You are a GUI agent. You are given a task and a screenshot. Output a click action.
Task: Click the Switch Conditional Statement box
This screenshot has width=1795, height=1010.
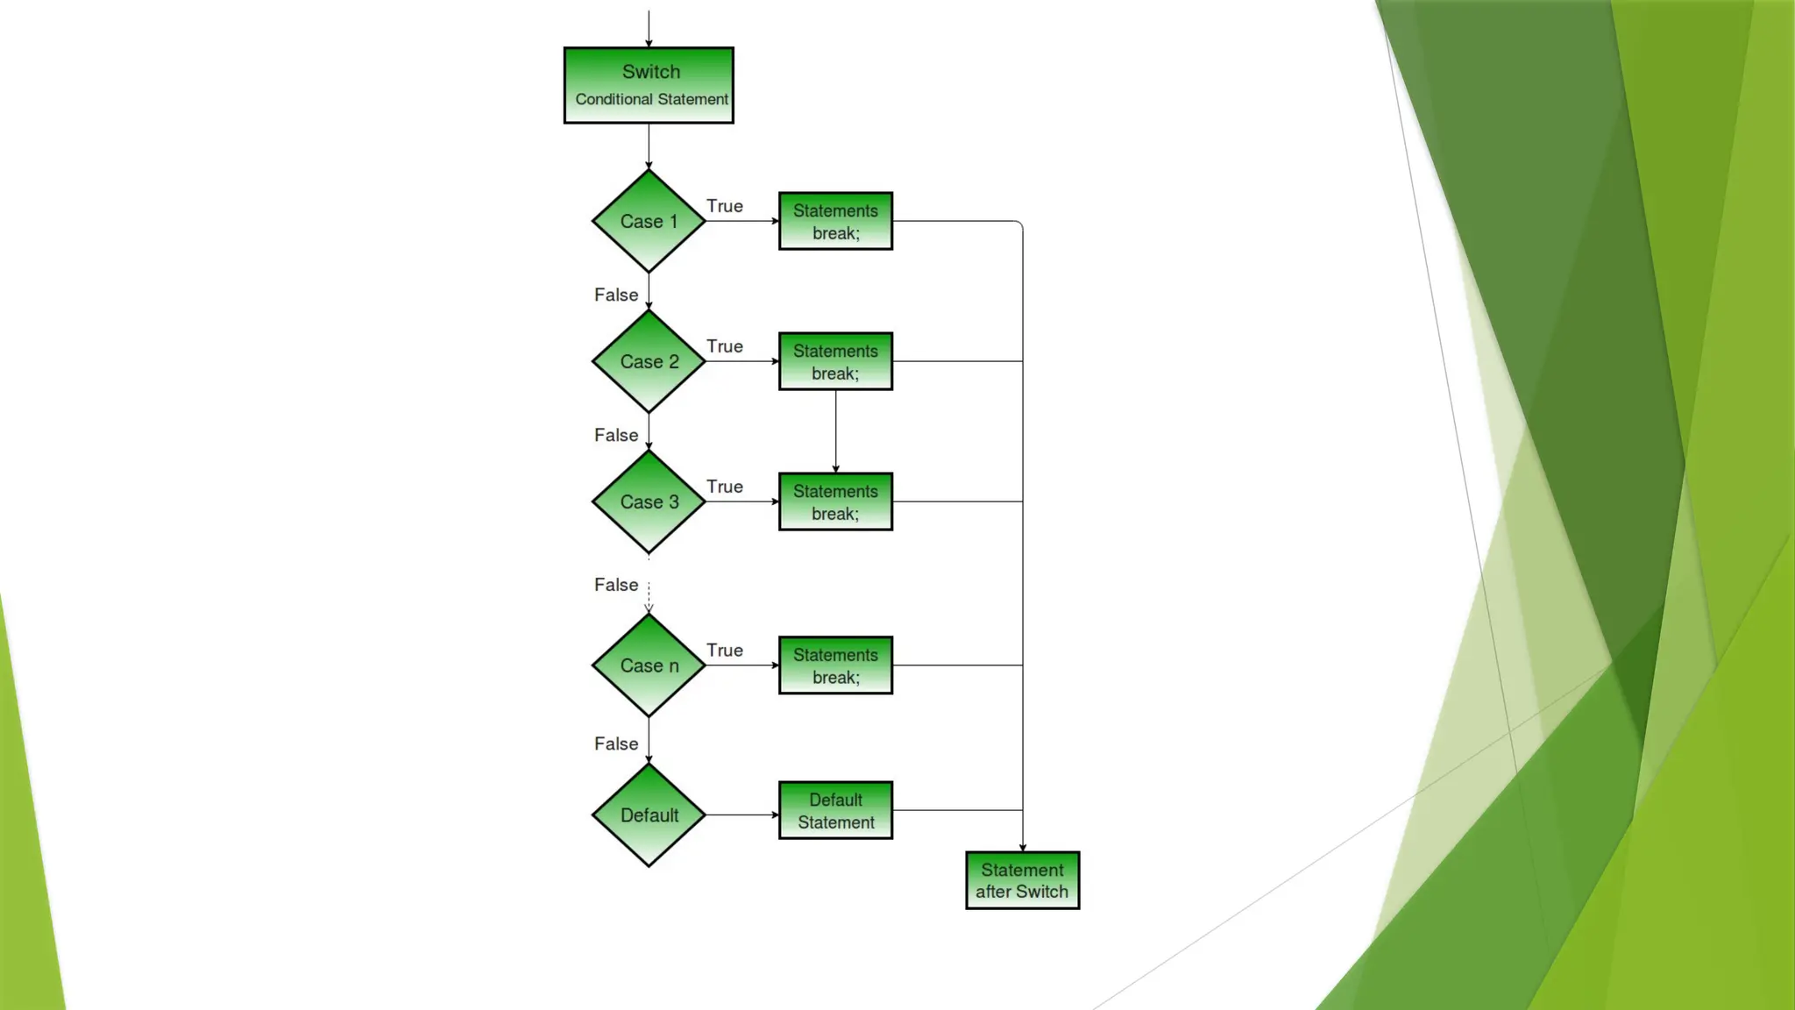(x=649, y=85)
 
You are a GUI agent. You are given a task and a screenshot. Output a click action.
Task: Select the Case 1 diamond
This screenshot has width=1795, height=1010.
(x=649, y=221)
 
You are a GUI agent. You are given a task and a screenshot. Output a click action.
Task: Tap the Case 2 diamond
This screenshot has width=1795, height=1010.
(x=649, y=361)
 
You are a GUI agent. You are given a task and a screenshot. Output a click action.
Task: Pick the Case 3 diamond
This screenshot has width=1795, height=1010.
(x=649, y=501)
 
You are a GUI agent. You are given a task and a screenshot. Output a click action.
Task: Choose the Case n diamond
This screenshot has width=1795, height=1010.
(x=649, y=665)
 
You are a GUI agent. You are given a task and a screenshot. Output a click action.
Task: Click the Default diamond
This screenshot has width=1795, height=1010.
(x=649, y=814)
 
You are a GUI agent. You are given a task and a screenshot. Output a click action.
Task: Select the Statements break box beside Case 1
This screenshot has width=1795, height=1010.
(x=835, y=221)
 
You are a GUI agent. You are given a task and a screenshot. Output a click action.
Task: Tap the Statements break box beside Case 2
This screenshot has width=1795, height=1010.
(x=835, y=361)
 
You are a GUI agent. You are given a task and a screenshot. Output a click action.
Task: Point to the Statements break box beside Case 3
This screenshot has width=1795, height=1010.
(x=835, y=501)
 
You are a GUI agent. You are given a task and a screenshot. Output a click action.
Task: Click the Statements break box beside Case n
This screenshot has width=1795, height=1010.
(x=835, y=665)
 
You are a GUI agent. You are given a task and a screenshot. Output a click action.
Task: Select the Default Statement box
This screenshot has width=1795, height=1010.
(x=835, y=810)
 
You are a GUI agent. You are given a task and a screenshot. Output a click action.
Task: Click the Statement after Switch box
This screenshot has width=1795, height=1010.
(x=1022, y=880)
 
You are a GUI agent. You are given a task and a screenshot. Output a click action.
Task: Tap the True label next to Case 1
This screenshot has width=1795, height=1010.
(x=725, y=206)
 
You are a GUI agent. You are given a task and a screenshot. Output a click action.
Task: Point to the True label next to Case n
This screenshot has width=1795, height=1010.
(x=725, y=651)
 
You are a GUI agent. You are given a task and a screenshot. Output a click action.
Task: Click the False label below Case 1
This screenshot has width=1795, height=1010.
(x=616, y=295)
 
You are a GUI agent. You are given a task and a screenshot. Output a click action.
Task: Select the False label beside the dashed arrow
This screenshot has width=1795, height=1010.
(x=616, y=585)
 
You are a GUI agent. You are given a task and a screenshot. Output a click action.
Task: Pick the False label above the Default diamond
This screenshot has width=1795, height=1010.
(x=616, y=743)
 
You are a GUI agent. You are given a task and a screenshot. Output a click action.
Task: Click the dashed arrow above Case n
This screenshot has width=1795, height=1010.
(x=649, y=596)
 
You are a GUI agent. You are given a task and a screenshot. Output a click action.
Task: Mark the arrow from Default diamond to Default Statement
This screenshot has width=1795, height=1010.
(x=741, y=814)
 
